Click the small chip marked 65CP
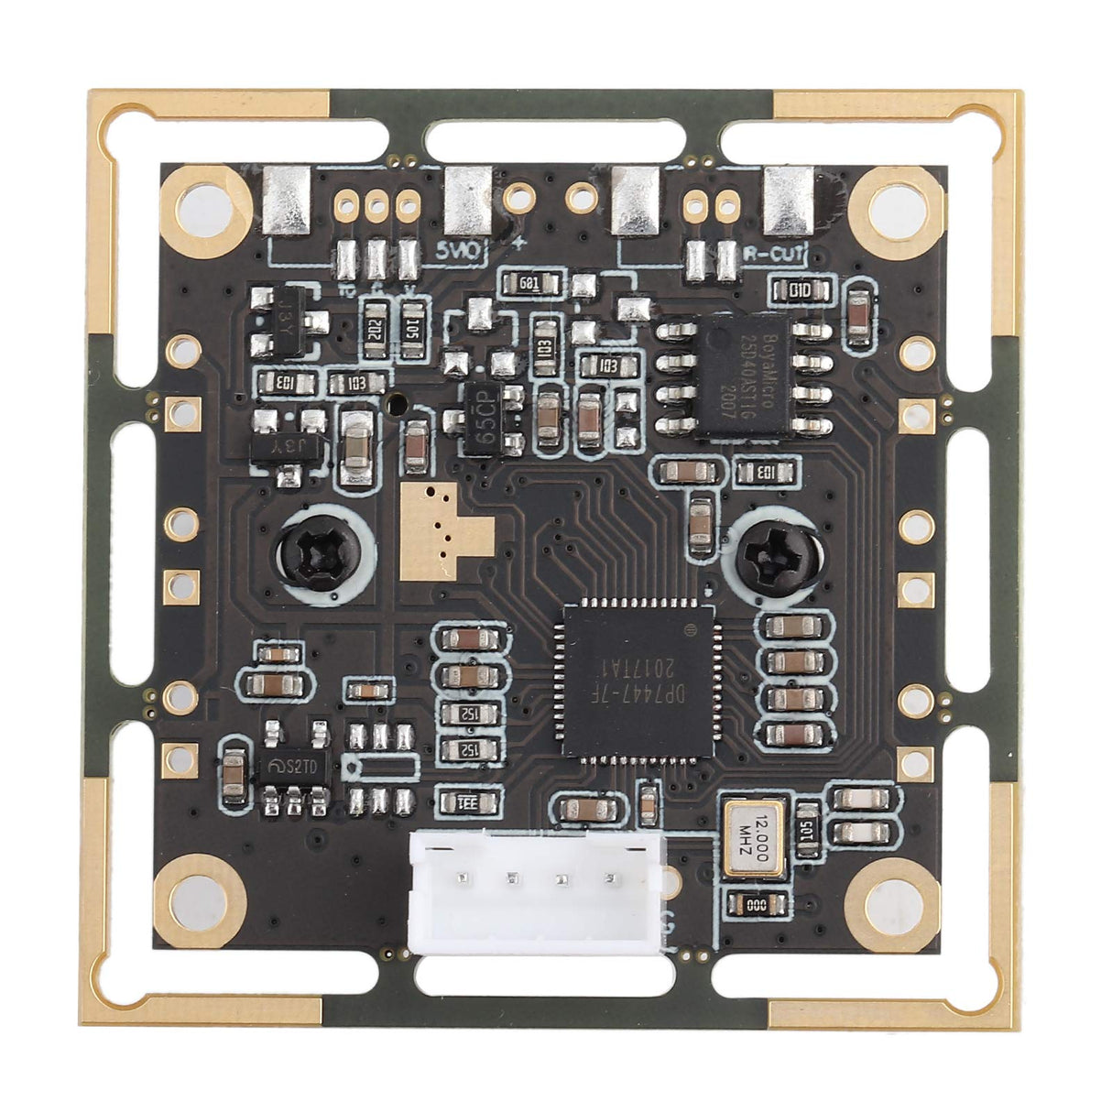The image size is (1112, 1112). pyautogui.click(x=486, y=420)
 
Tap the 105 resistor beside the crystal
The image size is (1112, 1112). pyautogui.click(x=807, y=830)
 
